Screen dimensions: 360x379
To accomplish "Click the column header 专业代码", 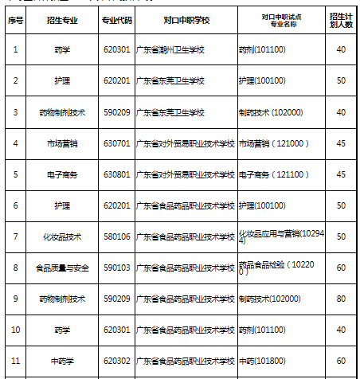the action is (x=116, y=18).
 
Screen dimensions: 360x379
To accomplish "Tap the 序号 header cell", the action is (x=15, y=18).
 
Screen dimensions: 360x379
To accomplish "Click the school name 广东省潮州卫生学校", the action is (x=173, y=49).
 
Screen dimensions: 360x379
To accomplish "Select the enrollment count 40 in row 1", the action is (x=341, y=49).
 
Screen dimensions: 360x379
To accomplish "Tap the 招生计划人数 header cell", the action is (x=341, y=18).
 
